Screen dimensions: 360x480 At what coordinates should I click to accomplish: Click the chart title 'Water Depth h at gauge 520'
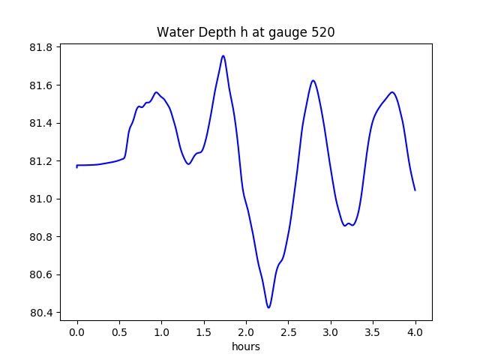[x=245, y=32]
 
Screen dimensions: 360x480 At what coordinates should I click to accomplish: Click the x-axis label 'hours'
[x=245, y=346]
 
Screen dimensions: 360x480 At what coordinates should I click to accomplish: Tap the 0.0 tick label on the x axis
[x=77, y=331]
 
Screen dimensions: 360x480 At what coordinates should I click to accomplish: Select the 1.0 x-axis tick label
[x=161, y=331]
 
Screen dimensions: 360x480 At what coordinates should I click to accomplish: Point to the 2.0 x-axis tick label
[x=246, y=331]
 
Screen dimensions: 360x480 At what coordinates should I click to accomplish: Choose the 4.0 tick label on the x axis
[x=415, y=331]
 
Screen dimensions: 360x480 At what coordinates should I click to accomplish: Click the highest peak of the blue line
[x=223, y=55]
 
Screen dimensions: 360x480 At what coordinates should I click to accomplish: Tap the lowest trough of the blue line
[x=268, y=307]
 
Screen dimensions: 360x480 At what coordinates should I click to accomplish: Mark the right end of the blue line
[x=415, y=190]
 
